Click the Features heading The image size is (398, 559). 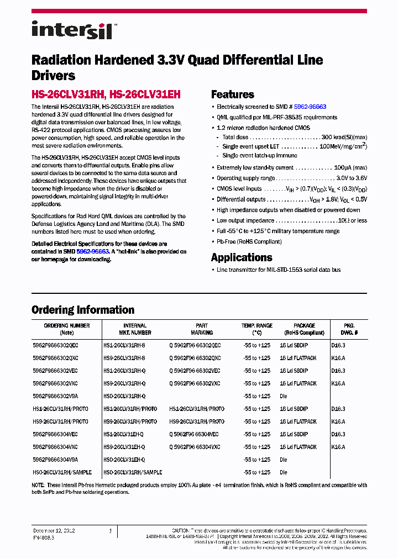coord(232,94)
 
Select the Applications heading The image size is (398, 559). coord(242,257)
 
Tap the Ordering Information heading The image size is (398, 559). coord(83,310)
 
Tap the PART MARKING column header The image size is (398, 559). coord(202,329)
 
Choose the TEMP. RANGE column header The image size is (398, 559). coord(257,329)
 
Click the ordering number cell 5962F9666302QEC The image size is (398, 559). coord(55,345)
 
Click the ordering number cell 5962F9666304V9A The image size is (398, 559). coord(55,460)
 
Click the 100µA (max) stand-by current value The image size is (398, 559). coord(350,168)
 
